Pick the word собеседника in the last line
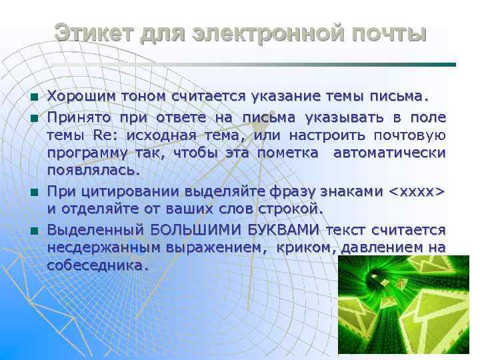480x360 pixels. coord(95,265)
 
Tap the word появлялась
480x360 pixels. coord(93,170)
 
